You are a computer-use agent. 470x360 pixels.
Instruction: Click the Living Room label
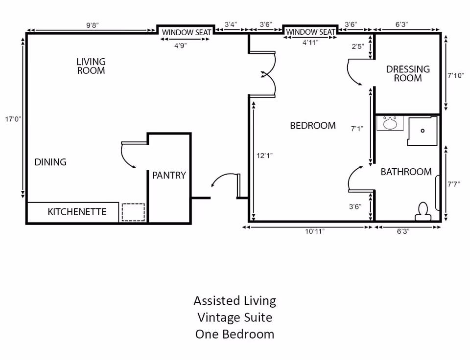tap(91, 66)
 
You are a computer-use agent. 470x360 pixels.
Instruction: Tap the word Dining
tap(50, 162)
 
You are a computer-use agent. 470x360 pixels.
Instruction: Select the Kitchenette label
tap(77, 212)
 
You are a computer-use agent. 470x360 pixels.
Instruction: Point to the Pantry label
tap(169, 175)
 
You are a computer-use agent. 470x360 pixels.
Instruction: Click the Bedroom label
tap(313, 126)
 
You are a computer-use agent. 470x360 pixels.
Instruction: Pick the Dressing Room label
tap(408, 73)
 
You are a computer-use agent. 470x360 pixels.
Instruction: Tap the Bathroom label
tap(406, 172)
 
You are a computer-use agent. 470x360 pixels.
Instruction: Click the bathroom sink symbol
tap(390, 123)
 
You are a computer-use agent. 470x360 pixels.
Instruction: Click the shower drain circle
tap(423, 131)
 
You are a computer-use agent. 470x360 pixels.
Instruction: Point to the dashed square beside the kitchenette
tap(133, 212)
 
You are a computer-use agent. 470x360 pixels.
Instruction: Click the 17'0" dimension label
tap(13, 119)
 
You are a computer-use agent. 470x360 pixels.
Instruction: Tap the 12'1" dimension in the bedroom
tap(264, 156)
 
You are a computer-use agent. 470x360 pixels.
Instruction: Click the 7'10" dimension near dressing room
tap(455, 76)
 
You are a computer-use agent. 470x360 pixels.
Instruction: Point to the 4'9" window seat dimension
tap(181, 45)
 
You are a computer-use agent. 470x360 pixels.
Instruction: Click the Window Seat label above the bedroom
tap(310, 32)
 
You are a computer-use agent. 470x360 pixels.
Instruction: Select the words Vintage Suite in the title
tap(235, 317)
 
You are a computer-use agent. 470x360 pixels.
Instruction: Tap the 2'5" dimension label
tap(357, 47)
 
